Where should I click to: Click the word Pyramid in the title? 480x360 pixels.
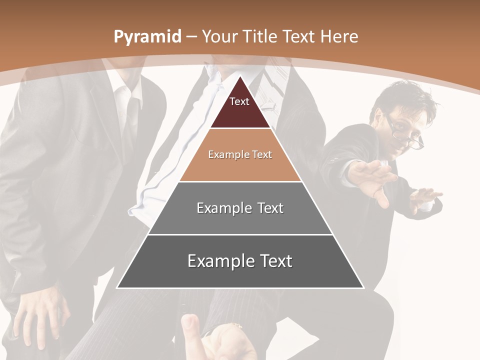[147, 37]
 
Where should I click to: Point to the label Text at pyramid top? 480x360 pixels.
[239, 101]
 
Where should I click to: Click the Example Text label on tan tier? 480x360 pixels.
[240, 154]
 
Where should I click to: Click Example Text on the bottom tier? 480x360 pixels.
[240, 261]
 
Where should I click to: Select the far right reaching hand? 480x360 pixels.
[425, 197]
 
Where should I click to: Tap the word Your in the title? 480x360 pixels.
[220, 36]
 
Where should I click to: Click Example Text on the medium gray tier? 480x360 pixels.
[240, 208]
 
